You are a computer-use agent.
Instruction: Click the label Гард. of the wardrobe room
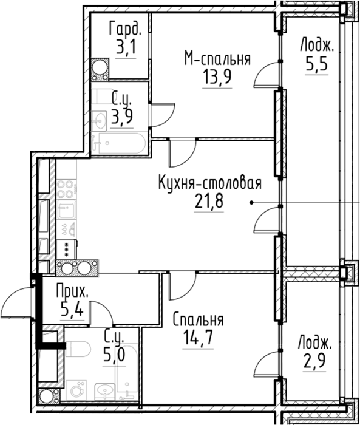tap(125, 29)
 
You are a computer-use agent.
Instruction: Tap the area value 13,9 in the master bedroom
tap(217, 76)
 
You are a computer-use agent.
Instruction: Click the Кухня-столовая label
tap(210, 183)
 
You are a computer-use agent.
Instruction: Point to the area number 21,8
tap(209, 200)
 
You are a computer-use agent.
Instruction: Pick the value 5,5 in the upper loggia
tap(317, 64)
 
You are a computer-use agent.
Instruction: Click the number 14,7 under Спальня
tap(198, 338)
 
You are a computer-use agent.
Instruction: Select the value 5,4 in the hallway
tap(72, 310)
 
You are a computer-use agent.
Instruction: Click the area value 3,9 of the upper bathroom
tap(122, 117)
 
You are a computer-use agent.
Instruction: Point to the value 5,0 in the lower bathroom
tap(114, 355)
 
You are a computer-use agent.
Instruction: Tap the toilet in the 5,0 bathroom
tap(78, 350)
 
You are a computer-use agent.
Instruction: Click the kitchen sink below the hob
tap(66, 210)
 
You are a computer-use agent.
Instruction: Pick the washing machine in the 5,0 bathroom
tap(76, 390)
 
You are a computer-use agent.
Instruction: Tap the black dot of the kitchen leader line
tap(251, 202)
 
